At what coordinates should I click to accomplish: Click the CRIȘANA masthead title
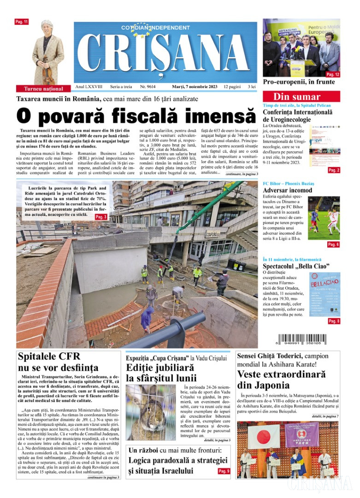click(x=166, y=54)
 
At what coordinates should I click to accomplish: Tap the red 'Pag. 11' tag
click(x=22, y=22)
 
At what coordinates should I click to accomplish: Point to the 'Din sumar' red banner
click(x=301, y=97)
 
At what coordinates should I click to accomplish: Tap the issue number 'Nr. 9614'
click(x=148, y=87)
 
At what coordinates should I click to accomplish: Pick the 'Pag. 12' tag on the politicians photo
click(x=333, y=74)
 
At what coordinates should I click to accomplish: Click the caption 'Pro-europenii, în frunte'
click(x=299, y=82)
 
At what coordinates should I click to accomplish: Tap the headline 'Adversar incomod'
click(x=287, y=190)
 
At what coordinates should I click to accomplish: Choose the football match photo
click(x=324, y=218)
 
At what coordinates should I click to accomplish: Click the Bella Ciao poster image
click(x=324, y=294)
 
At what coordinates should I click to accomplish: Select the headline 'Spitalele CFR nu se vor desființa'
click(x=58, y=362)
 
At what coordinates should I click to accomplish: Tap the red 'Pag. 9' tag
click(x=224, y=471)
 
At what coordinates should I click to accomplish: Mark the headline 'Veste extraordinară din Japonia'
click(x=282, y=379)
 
